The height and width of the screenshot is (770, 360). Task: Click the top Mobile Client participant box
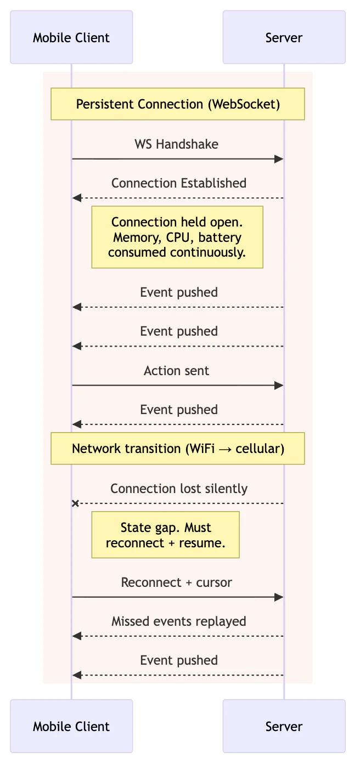coord(71,37)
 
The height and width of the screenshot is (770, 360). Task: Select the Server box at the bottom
coord(284,726)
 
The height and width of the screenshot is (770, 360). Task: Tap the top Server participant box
coord(284,37)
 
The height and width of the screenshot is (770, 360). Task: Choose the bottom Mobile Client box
coord(71,726)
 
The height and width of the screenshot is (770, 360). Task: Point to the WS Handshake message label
coord(176,144)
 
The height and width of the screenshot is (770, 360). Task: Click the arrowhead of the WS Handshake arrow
coord(279,159)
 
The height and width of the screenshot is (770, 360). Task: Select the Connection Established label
coord(178,183)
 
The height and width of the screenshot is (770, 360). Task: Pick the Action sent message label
coord(176,371)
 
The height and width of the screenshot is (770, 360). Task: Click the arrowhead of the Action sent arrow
coord(279,386)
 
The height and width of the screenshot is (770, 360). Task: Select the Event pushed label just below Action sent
coord(178,410)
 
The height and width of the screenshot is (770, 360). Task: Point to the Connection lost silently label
coord(178,489)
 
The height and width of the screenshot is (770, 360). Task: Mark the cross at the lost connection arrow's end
coord(76,503)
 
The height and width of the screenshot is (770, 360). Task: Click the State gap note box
coord(165,535)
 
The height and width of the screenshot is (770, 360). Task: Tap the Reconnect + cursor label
coord(176,582)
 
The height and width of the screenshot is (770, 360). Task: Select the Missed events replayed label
coord(178,621)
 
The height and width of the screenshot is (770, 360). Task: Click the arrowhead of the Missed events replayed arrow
coord(77,636)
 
